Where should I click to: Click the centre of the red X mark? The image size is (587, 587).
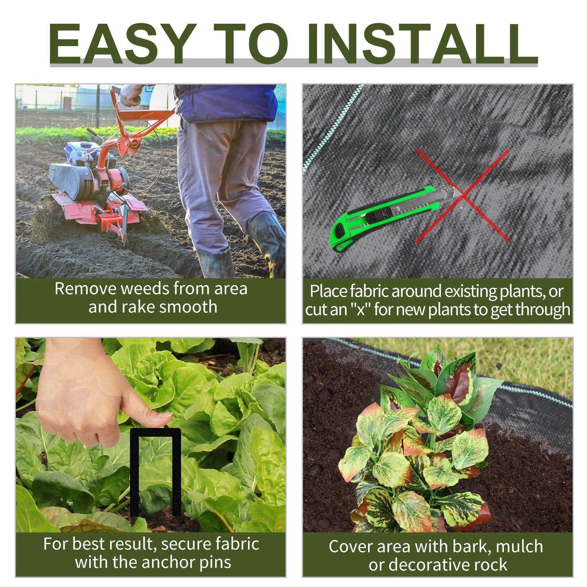(462, 195)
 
